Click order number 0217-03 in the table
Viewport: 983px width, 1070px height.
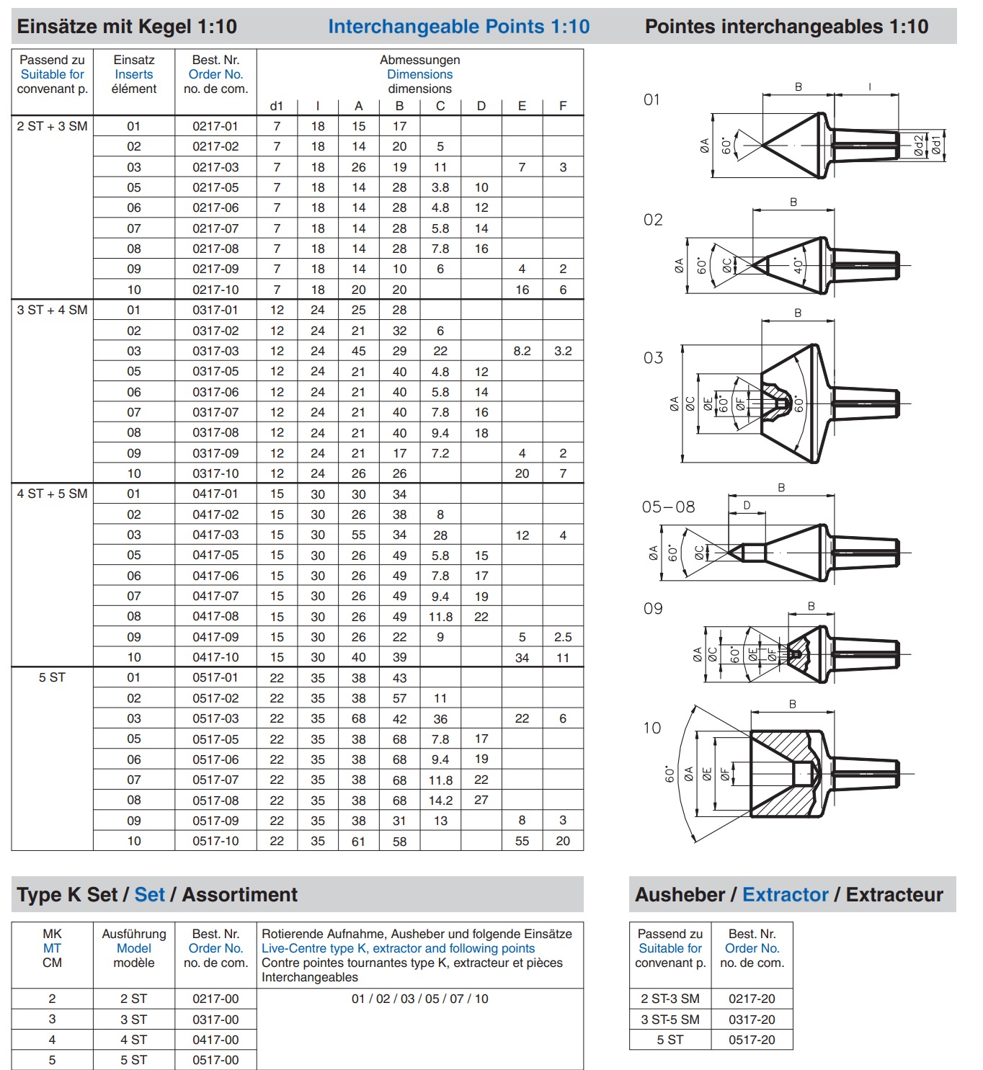tap(215, 167)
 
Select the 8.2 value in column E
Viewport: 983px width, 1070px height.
tap(522, 351)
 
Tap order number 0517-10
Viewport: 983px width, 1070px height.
tap(215, 841)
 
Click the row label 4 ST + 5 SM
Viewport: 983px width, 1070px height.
tap(52, 494)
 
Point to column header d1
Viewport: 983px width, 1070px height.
tap(277, 106)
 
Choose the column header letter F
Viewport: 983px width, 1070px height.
tap(563, 106)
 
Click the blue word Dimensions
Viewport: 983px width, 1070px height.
tap(419, 74)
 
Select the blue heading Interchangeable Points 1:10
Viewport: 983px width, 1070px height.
tap(458, 27)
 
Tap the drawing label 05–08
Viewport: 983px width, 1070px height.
tap(668, 507)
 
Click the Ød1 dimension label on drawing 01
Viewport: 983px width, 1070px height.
tap(935, 146)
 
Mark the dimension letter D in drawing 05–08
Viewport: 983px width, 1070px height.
tap(747, 505)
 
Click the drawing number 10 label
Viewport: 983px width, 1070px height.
tap(652, 728)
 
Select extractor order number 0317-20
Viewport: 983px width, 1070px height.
tap(752, 1020)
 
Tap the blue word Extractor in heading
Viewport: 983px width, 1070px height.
tap(785, 895)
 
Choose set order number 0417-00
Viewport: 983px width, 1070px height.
tap(215, 1040)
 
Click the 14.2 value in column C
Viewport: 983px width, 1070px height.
tap(440, 801)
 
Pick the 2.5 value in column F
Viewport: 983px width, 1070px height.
tap(563, 637)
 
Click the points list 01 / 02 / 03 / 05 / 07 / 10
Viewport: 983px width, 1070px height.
tap(419, 999)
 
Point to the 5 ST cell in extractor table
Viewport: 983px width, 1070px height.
tap(670, 1040)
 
